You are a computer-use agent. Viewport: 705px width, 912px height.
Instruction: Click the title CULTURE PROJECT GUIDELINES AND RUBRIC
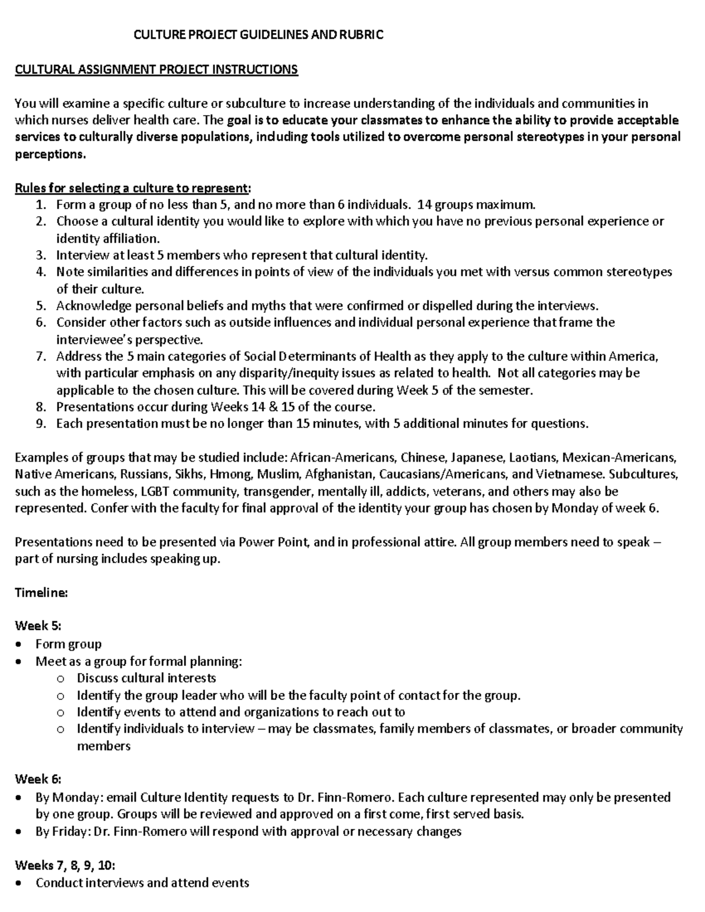258,35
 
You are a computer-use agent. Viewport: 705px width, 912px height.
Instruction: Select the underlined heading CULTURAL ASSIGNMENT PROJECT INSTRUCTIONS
156,70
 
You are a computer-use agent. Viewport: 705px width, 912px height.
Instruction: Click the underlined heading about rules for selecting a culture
132,189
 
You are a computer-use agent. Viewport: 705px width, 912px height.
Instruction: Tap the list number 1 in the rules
40,206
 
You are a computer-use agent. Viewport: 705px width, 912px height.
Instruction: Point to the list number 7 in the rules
40,357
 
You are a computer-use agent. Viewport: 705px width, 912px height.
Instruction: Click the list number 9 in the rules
40,424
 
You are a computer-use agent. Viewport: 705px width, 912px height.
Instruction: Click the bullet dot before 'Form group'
21,645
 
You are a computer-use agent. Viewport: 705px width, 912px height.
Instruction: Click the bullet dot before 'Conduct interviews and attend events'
21,883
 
